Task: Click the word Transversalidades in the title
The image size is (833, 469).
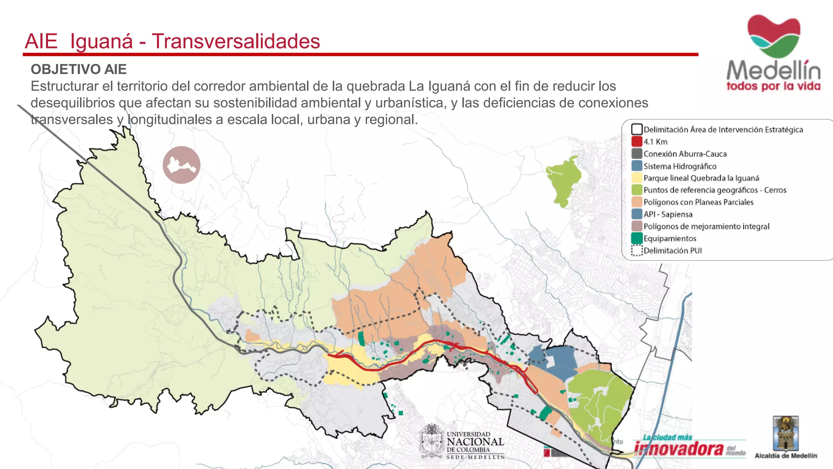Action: pos(236,42)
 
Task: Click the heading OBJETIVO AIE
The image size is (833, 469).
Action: pos(79,69)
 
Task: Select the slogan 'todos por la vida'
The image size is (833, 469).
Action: pos(773,86)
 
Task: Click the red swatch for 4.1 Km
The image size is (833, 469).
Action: pos(637,142)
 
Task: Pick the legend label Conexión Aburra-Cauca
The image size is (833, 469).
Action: pos(685,154)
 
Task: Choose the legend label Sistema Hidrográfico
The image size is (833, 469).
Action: pos(680,166)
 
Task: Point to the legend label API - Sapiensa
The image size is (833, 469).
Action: pos(668,214)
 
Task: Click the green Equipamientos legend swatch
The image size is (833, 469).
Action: pos(637,238)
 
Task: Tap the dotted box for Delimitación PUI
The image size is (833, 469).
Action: pos(637,250)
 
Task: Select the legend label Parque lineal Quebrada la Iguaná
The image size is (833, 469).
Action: pos(701,178)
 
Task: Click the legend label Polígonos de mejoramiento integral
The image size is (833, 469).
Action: pos(707,226)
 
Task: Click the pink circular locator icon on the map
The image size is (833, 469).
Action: pos(181,165)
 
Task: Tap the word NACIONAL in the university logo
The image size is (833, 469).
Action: pos(475,442)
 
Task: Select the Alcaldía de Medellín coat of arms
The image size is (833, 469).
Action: pos(786,433)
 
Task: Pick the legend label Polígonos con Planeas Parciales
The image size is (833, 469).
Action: pos(698,202)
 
